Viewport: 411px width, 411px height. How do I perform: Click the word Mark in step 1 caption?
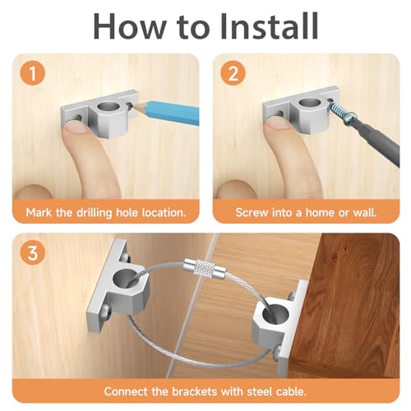click(x=40, y=212)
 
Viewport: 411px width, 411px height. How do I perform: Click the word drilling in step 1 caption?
click(x=97, y=212)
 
